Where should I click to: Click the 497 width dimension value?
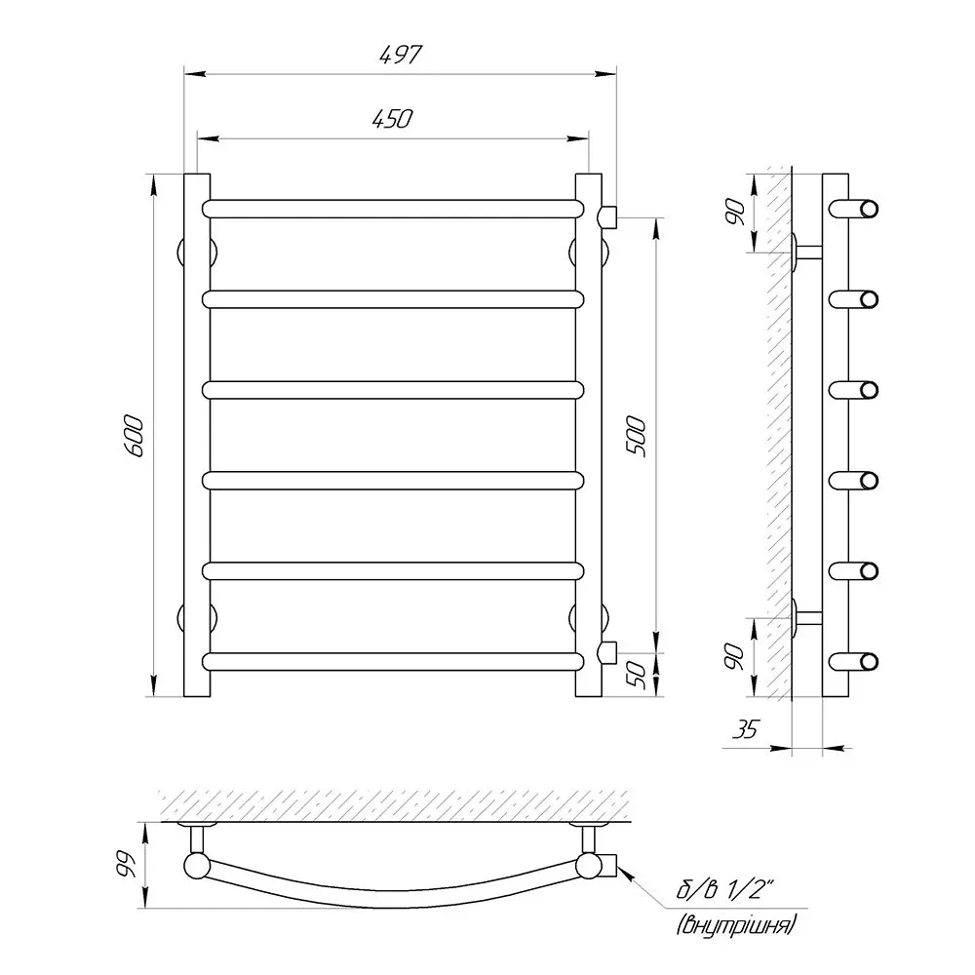coord(401,55)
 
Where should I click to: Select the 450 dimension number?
coord(392,119)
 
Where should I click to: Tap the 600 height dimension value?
coord(135,436)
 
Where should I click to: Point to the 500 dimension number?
coord(636,437)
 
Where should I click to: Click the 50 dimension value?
coord(636,674)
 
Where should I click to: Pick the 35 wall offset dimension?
coord(746,729)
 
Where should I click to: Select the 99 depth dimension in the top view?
coord(126,864)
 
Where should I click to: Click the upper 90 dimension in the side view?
coord(734,213)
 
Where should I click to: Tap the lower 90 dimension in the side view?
coord(734,657)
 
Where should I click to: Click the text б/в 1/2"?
coord(725,891)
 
